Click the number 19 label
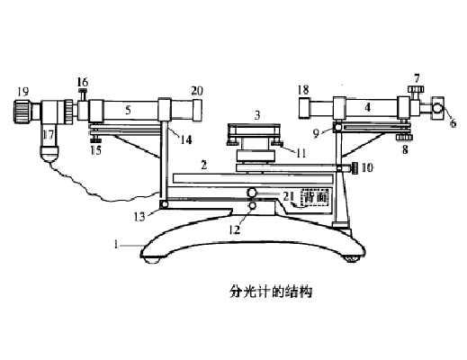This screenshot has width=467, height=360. click(23, 91)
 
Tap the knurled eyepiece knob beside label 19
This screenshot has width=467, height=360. click(22, 112)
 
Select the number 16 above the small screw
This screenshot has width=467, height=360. click(83, 82)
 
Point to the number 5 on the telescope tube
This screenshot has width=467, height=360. click(128, 110)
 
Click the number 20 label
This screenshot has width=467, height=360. click(197, 91)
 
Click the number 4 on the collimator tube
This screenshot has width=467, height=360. click(368, 107)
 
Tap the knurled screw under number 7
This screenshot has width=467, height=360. click(416, 89)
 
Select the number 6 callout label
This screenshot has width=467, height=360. click(454, 122)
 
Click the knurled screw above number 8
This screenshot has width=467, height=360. click(404, 138)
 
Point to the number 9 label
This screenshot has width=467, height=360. click(316, 133)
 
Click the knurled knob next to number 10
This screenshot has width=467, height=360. click(354, 168)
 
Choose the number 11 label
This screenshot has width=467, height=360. click(301, 153)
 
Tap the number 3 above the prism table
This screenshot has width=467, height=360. click(257, 115)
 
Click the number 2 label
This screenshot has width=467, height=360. click(204, 165)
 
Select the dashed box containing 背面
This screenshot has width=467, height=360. click(315, 197)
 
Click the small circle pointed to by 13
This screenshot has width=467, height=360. click(164, 204)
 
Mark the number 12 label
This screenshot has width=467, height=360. click(235, 229)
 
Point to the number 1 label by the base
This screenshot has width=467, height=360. click(116, 244)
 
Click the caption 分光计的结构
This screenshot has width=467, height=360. click(271, 291)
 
